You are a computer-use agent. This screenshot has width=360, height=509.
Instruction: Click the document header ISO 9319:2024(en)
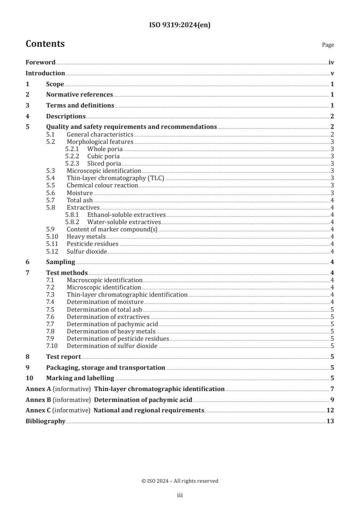point(180,25)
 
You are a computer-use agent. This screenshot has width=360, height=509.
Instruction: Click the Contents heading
point(45,44)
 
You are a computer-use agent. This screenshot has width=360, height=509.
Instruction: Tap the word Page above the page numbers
point(328,45)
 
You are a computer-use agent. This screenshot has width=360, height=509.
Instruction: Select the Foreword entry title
point(40,63)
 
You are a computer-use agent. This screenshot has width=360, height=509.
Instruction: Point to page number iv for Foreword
point(331,63)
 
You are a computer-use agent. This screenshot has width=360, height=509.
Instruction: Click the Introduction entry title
point(45,73)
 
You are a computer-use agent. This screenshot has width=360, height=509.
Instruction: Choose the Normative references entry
point(79,95)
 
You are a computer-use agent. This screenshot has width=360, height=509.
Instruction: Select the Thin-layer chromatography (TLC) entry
point(115,178)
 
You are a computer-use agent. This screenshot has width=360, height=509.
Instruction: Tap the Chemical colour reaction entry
point(102,186)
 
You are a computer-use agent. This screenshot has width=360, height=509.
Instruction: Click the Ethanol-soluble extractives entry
point(126,215)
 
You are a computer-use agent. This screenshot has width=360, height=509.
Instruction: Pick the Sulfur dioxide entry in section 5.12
point(87,251)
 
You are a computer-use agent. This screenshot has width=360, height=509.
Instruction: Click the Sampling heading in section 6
point(60,262)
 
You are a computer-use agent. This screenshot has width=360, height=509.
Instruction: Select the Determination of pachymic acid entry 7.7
point(112,324)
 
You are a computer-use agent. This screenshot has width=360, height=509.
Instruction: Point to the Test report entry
point(64,357)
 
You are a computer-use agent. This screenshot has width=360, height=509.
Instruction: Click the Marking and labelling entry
point(80,378)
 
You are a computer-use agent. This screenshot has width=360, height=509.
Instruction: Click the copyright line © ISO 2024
point(180,481)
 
